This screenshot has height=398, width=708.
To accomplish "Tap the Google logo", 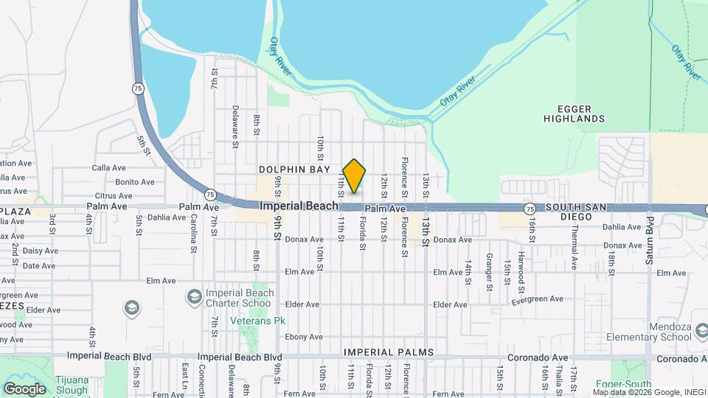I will (24, 388).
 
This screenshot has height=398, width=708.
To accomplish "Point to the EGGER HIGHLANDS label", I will (575, 113).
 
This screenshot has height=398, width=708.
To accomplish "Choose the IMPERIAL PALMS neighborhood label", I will (389, 352).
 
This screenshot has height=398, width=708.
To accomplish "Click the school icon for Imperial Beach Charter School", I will (194, 296).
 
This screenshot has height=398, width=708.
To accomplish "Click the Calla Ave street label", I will (109, 168).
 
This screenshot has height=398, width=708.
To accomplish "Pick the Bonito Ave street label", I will (135, 182).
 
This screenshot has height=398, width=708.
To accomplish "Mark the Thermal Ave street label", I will (574, 248).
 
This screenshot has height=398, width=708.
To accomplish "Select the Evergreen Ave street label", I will (536, 299).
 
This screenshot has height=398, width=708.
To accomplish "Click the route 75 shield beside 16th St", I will (530, 209).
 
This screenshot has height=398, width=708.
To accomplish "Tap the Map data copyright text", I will (649, 392).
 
